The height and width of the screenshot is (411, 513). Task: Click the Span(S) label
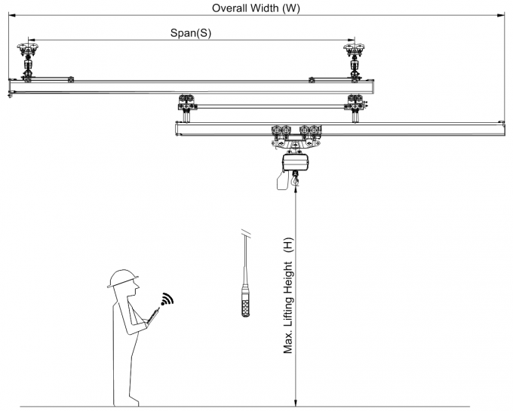(190, 33)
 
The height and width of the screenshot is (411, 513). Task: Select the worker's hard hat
(121, 278)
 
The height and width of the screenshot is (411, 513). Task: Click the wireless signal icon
(166, 299)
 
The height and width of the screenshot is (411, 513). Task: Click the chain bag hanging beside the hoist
(279, 180)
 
